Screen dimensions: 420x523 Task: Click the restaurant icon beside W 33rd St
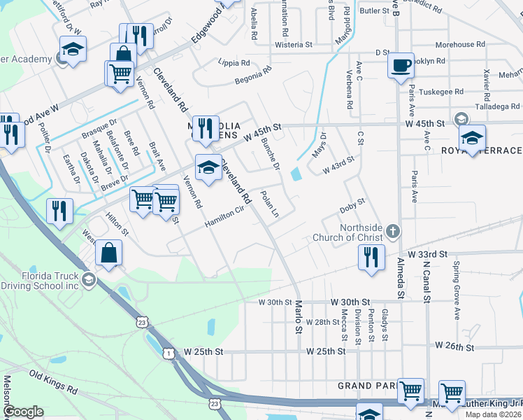371,256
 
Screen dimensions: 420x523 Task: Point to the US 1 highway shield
169,353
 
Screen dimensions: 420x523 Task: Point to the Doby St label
352,206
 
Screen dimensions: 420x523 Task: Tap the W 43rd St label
338,167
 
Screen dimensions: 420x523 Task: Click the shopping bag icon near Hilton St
109,253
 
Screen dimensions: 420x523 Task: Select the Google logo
24,412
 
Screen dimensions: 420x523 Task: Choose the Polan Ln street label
270,203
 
